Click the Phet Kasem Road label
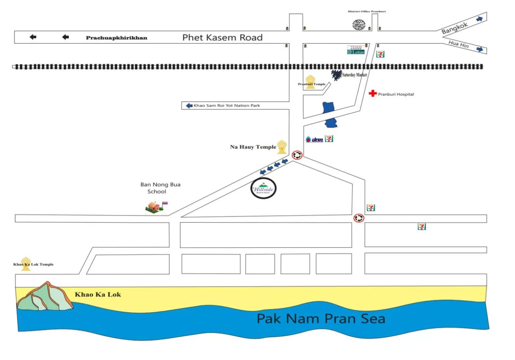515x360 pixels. click(222, 37)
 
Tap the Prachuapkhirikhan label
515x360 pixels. click(116, 38)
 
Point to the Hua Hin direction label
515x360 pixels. click(459, 44)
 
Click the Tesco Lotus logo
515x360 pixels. click(356, 50)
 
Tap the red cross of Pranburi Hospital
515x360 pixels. click(373, 93)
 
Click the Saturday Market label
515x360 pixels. click(354, 75)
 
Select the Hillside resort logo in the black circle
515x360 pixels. click(264, 188)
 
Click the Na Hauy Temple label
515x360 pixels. click(253, 147)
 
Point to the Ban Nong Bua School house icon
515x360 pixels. click(154, 207)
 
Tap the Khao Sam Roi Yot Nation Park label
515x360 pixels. click(227, 105)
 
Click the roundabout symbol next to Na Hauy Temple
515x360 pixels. click(297, 155)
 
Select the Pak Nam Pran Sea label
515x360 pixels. click(321, 318)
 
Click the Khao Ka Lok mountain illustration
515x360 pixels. click(44, 297)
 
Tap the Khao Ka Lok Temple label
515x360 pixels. click(33, 264)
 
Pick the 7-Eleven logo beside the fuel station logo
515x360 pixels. click(329, 139)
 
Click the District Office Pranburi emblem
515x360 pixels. click(359, 25)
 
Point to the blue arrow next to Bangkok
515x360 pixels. click(480, 19)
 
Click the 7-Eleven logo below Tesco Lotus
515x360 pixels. click(380, 54)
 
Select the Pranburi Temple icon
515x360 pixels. click(310, 81)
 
